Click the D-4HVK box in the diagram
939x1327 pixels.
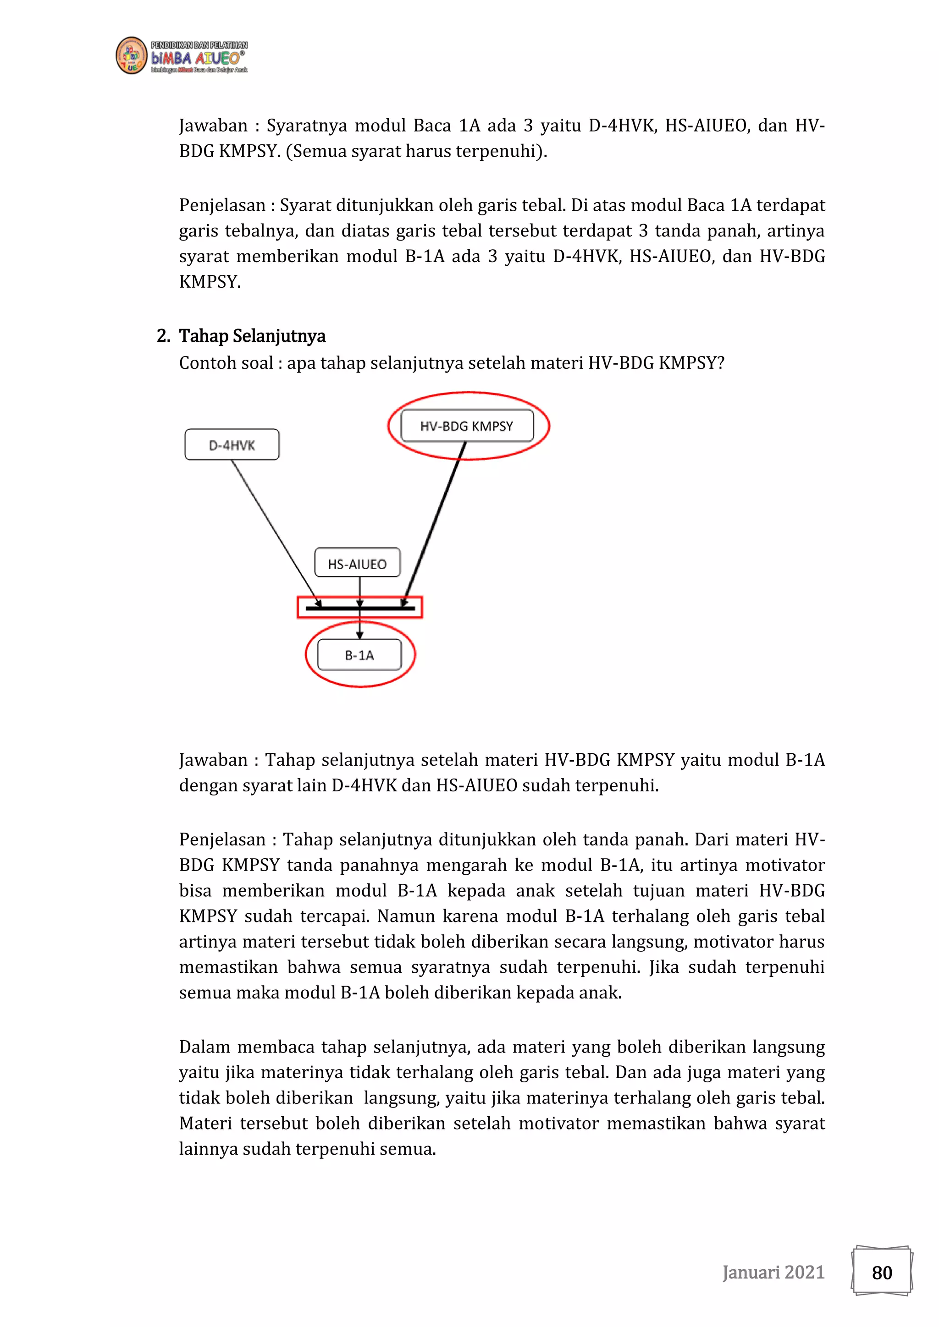(x=232, y=444)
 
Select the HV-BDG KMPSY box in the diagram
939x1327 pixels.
(x=467, y=426)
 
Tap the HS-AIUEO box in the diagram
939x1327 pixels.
(x=357, y=563)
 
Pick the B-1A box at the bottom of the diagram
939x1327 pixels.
(x=359, y=655)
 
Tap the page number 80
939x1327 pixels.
(x=882, y=1272)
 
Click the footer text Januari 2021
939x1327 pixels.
(x=773, y=1272)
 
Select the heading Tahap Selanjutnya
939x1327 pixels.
(x=252, y=336)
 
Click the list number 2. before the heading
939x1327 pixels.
(x=163, y=336)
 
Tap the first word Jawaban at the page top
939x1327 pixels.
(x=213, y=126)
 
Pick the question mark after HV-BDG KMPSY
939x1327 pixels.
(x=720, y=363)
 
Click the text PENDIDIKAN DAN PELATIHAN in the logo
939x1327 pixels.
(x=199, y=45)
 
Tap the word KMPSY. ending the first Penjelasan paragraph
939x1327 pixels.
(x=210, y=281)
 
